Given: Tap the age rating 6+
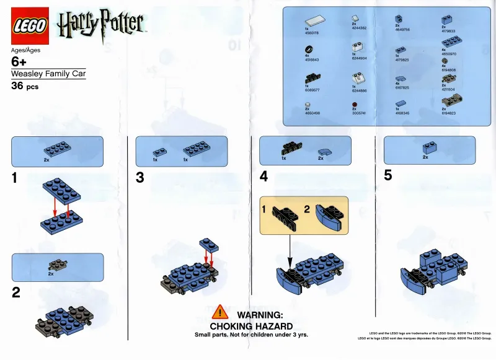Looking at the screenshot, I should pos(21,61).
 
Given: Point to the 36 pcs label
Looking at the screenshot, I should pos(25,87).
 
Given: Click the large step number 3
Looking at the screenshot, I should pos(141,178).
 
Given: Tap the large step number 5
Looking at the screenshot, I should pos(388,175).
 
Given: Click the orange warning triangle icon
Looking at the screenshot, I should pos(219,312).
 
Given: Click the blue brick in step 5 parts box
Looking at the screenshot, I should pos(427,147).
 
